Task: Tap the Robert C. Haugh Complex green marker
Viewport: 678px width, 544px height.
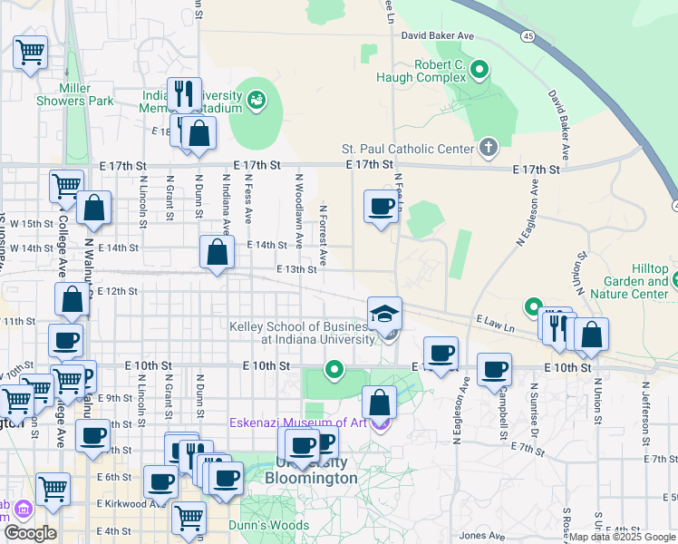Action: [x=481, y=68]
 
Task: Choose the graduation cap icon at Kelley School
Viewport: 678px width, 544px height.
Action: [x=384, y=314]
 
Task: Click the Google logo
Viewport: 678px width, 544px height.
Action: [x=30, y=532]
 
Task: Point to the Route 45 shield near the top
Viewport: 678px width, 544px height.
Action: [x=527, y=36]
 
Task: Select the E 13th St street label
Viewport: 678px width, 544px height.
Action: [x=296, y=268]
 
